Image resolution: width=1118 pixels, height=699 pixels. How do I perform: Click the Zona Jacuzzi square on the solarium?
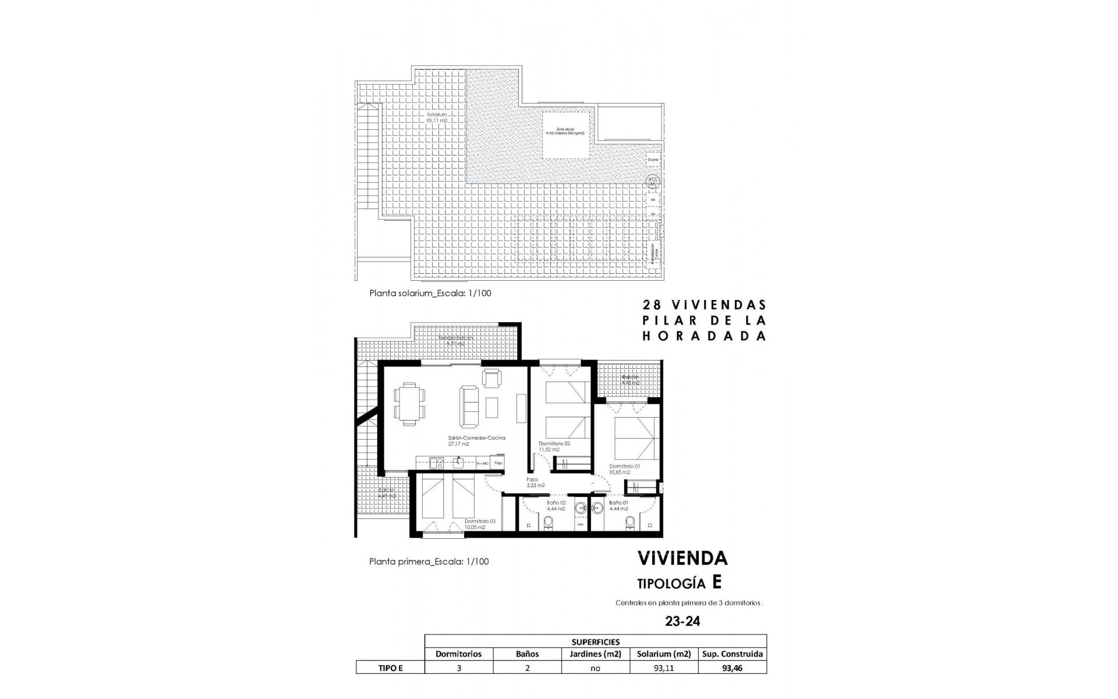pos(565,134)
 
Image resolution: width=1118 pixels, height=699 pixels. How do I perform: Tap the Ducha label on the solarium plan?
pos(653,159)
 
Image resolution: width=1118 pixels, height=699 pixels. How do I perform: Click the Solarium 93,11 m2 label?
pos(437,118)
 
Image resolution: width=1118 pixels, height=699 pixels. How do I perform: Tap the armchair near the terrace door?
pos(491,379)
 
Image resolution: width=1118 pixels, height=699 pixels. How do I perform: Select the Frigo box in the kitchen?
pos(498,463)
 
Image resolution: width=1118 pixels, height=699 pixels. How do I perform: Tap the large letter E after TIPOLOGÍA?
pos(717,582)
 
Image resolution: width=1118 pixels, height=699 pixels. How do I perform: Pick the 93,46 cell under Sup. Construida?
pos(732,668)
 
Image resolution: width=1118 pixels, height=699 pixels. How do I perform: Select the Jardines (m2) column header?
pos(595,654)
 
